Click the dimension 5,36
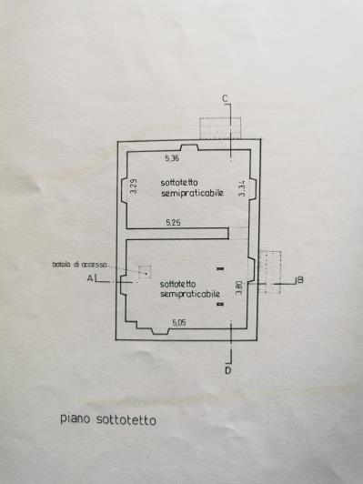coord(172,159)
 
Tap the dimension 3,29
coord(135,189)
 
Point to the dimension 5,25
coord(172,223)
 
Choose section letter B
coord(299,279)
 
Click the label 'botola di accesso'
coord(80,265)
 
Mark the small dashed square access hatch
coord(143,272)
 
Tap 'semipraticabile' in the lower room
coord(190,295)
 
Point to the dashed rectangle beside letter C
coord(219,128)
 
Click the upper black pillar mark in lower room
coord(220,268)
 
